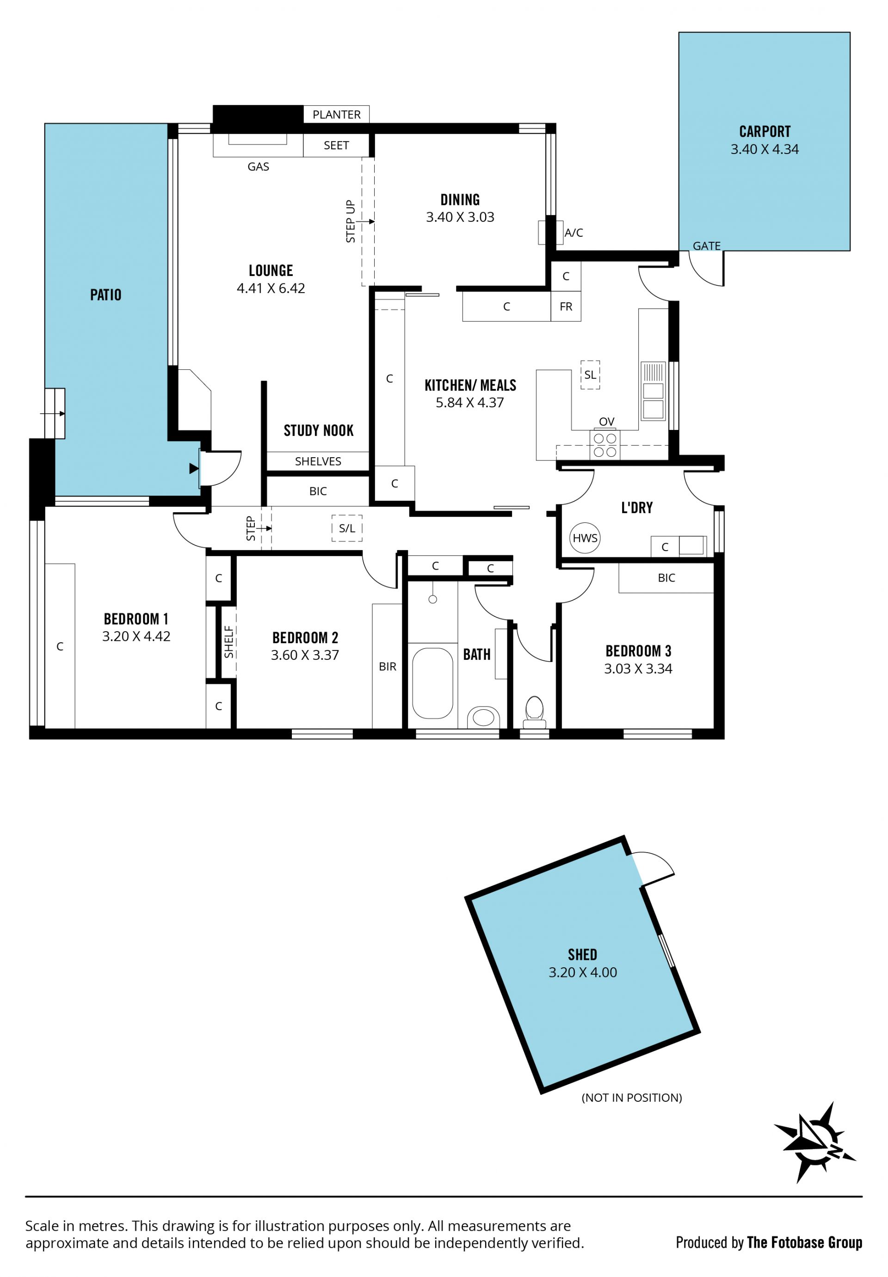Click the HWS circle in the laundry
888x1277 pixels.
585,538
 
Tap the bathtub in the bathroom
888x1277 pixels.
433,683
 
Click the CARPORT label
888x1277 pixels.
765,132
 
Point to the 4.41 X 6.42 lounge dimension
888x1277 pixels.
271,288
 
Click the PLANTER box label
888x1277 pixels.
337,115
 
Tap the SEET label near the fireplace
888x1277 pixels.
336,145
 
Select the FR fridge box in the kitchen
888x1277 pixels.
566,307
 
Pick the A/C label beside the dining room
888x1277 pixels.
573,233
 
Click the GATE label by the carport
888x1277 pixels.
707,246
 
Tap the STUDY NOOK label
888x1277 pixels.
318,430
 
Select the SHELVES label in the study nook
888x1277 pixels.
318,461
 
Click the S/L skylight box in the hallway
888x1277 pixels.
346,528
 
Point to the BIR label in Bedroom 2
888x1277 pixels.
387,666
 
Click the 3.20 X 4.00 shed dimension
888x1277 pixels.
583,972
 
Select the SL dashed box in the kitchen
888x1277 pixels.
590,375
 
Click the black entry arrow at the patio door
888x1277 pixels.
194,468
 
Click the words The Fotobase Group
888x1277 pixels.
805,1242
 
